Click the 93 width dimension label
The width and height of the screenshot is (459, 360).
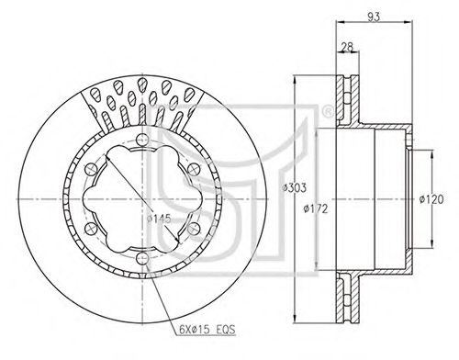[374, 17]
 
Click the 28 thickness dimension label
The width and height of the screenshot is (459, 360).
[347, 47]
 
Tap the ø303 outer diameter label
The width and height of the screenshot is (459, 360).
[294, 187]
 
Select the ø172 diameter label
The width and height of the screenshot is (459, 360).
[316, 208]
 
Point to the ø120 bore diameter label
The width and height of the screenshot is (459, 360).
[431, 199]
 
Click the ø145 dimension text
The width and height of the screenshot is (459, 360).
[159, 219]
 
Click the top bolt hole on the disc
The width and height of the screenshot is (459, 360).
[142, 141]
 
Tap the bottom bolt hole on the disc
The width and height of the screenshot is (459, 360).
[142, 258]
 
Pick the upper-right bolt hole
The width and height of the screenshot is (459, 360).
[194, 170]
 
